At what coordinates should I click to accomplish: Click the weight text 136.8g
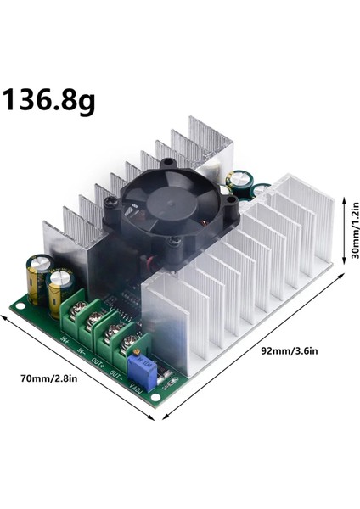click(x=50, y=101)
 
